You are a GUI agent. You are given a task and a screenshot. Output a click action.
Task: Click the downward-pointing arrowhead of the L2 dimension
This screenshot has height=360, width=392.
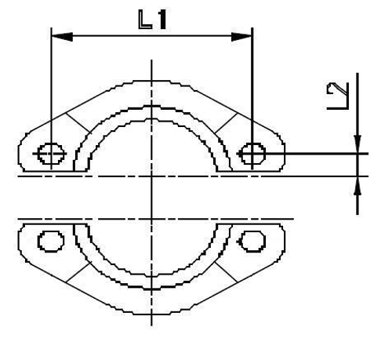(358, 146)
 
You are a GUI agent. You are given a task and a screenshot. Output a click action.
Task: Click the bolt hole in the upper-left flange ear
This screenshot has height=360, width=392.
(52, 154)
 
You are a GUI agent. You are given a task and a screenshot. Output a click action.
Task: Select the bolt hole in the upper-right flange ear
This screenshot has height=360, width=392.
(252, 154)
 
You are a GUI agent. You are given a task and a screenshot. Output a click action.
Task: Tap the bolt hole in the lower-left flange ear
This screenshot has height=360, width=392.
(52, 239)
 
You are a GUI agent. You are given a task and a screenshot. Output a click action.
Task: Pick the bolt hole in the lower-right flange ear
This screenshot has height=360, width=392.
(252, 239)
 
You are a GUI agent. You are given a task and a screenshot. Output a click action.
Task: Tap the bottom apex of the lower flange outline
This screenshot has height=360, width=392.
(151, 314)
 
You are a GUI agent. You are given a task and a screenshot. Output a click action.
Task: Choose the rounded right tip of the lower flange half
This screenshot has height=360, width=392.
(283, 239)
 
